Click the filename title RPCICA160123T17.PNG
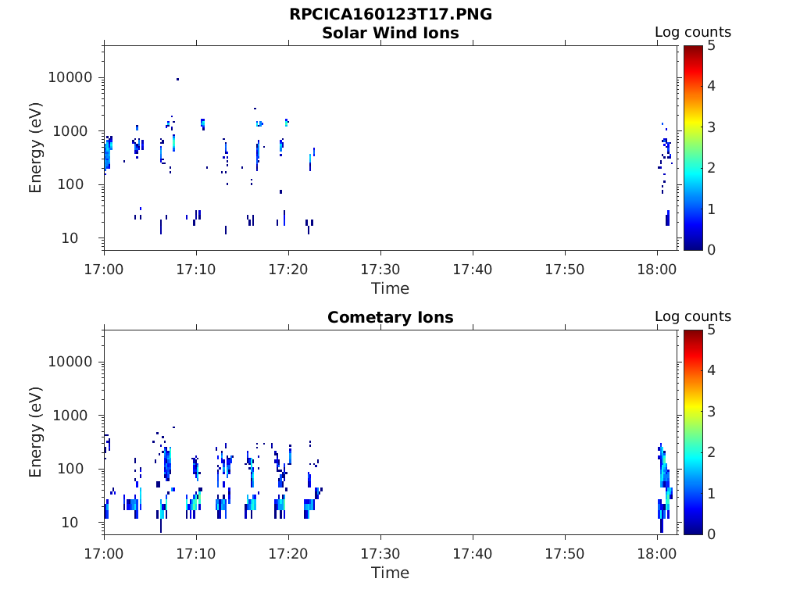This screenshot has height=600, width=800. [391, 14]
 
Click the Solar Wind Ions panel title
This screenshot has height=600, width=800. [391, 33]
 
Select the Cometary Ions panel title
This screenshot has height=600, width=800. [391, 317]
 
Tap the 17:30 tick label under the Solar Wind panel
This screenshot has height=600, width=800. [380, 270]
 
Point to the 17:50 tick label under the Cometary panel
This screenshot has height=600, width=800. [564, 554]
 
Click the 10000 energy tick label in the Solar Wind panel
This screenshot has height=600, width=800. [70, 77]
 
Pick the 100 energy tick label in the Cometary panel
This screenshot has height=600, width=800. [70, 469]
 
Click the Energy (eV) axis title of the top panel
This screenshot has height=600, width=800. [35, 148]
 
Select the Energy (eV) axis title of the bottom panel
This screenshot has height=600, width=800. [35, 432]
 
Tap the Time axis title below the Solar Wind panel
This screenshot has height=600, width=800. [391, 289]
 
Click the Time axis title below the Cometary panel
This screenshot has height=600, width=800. [391, 573]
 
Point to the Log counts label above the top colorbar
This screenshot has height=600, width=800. [693, 32]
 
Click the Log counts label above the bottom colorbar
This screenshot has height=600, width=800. [693, 317]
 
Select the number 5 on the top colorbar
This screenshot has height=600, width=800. [711, 46]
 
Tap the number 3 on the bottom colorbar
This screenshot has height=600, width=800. [711, 411]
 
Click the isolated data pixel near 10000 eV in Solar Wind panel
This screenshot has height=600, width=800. [177, 79]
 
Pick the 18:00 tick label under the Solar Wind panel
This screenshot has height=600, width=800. [656, 270]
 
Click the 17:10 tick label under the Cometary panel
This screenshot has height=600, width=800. [196, 554]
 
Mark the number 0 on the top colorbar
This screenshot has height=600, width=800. [711, 250]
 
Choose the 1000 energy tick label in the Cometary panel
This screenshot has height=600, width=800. [70, 416]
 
